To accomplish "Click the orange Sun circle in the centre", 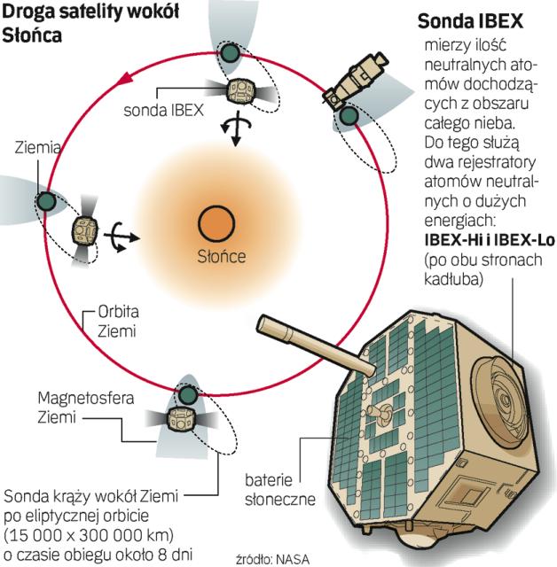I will point(215,222).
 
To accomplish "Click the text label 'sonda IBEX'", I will point(164,110).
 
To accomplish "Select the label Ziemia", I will point(37,149).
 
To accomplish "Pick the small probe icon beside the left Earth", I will point(85,231).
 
